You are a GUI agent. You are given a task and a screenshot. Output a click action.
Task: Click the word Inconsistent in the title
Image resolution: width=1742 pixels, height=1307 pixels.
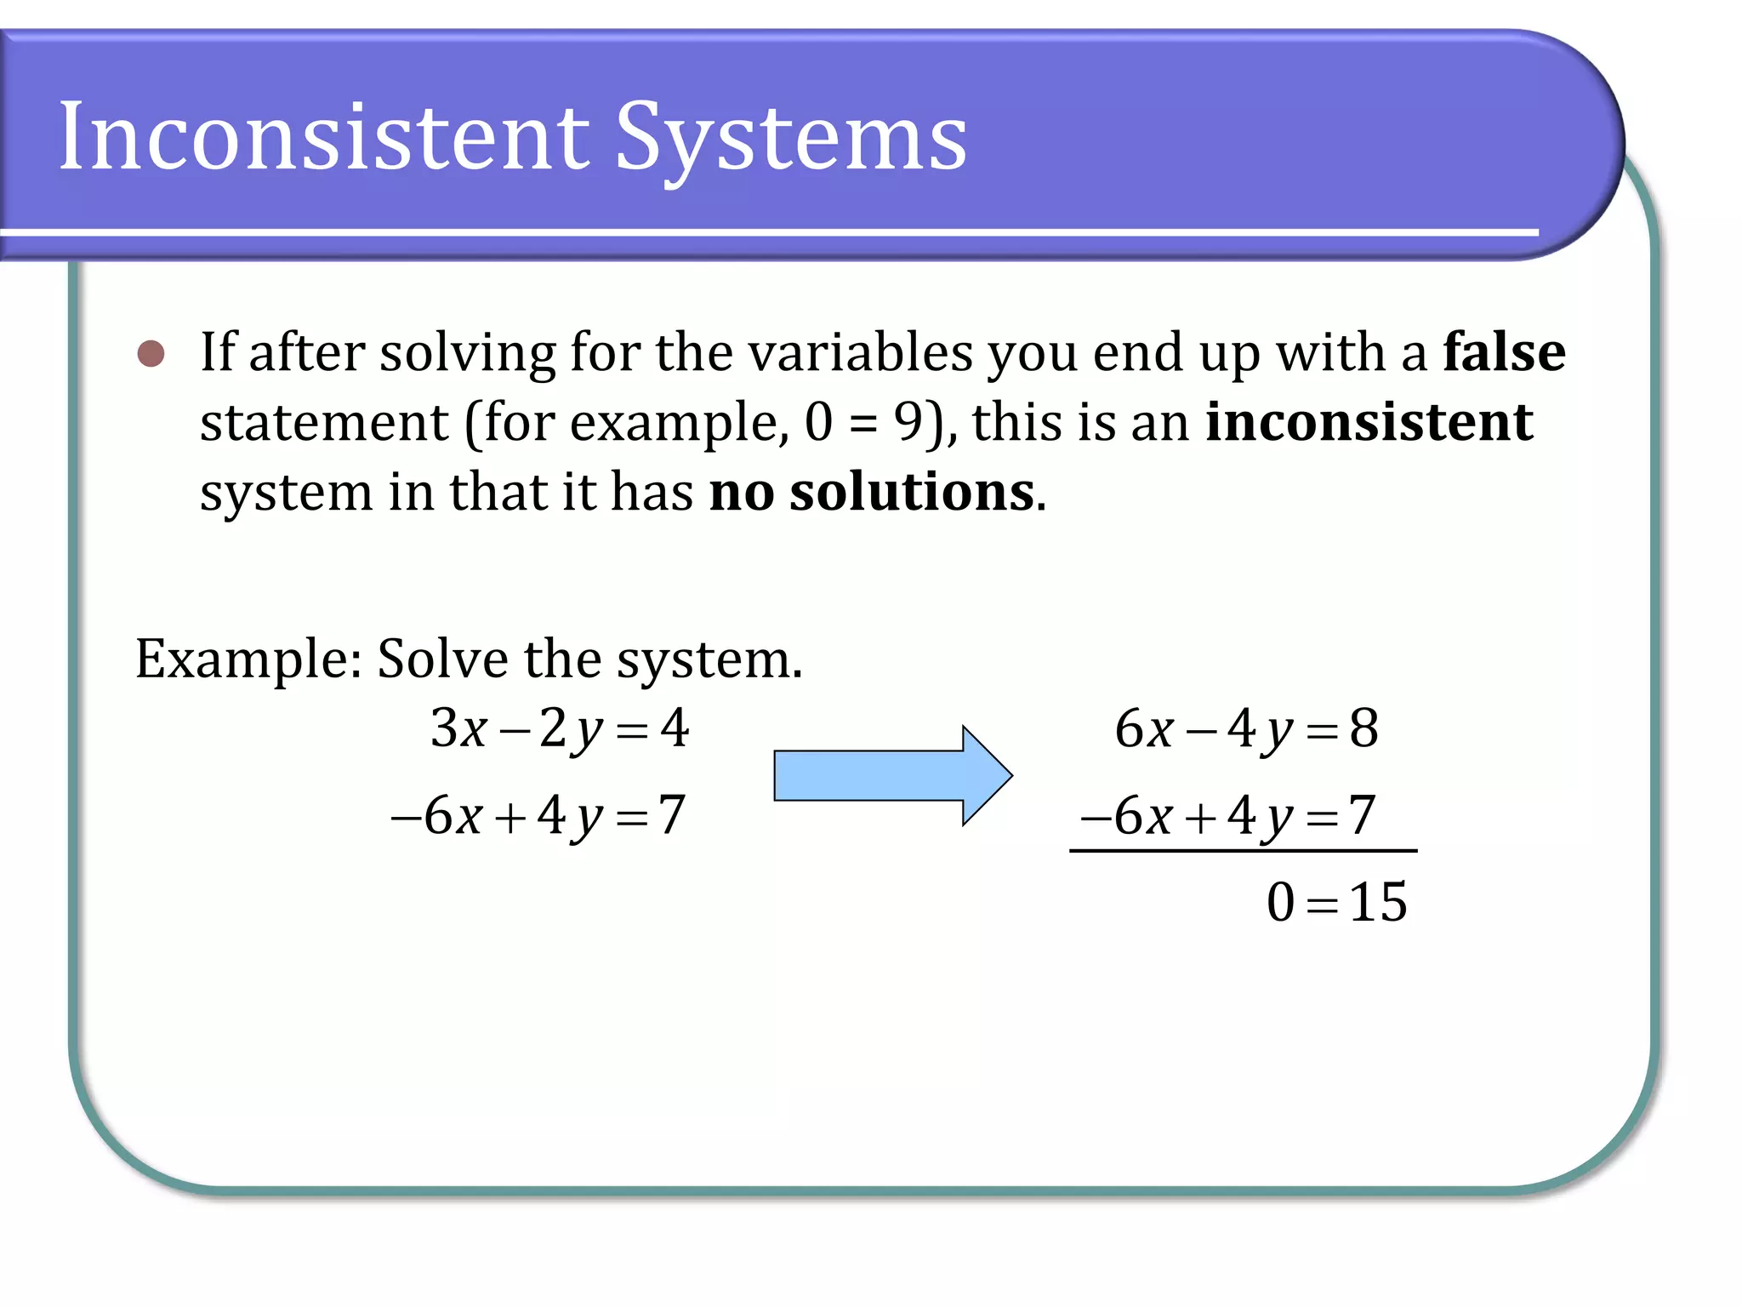pos(323,136)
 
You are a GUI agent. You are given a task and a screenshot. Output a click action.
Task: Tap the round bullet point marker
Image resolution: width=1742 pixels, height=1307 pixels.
pos(151,353)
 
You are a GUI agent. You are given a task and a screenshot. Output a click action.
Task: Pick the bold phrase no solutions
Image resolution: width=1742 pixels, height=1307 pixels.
pos(872,492)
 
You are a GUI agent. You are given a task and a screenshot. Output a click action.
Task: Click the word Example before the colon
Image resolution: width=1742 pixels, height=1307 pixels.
pos(242,659)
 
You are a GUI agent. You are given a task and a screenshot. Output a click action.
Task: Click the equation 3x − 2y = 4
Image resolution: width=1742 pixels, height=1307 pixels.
pos(559,729)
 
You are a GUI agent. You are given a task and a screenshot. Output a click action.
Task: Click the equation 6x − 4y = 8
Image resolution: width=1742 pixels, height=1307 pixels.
pos(1246,729)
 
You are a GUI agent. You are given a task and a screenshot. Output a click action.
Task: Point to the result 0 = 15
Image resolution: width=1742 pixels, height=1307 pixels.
pos(1336,902)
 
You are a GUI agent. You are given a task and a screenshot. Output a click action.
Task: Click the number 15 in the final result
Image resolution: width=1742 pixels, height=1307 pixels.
pos(1378,902)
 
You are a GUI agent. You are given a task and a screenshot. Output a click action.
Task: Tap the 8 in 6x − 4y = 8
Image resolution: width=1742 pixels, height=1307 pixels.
pos(1364,728)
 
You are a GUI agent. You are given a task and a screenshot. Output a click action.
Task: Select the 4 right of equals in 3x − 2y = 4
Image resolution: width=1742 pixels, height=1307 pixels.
pos(675,728)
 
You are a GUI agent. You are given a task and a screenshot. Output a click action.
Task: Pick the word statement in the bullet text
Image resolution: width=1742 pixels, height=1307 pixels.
pos(323,423)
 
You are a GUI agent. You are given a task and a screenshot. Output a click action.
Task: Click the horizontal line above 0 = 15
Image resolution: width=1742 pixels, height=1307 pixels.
pos(1243,850)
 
